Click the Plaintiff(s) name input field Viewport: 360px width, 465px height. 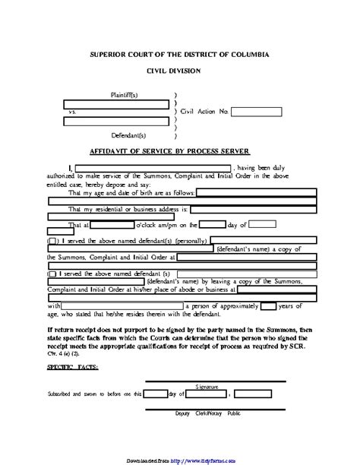(x=116, y=103)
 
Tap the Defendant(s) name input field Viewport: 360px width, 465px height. (x=116, y=119)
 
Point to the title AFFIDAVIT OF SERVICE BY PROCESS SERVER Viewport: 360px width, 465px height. (x=179, y=151)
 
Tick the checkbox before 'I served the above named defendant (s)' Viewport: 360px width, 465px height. (x=52, y=273)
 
